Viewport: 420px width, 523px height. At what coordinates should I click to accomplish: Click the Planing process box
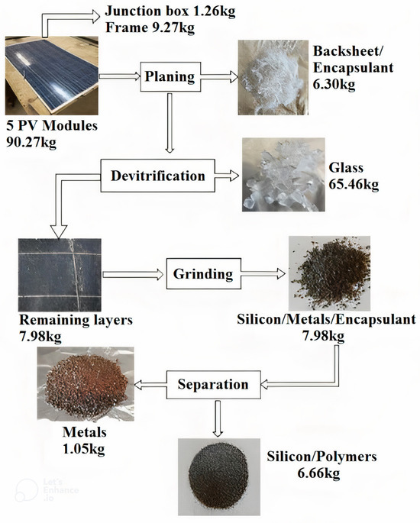169,76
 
